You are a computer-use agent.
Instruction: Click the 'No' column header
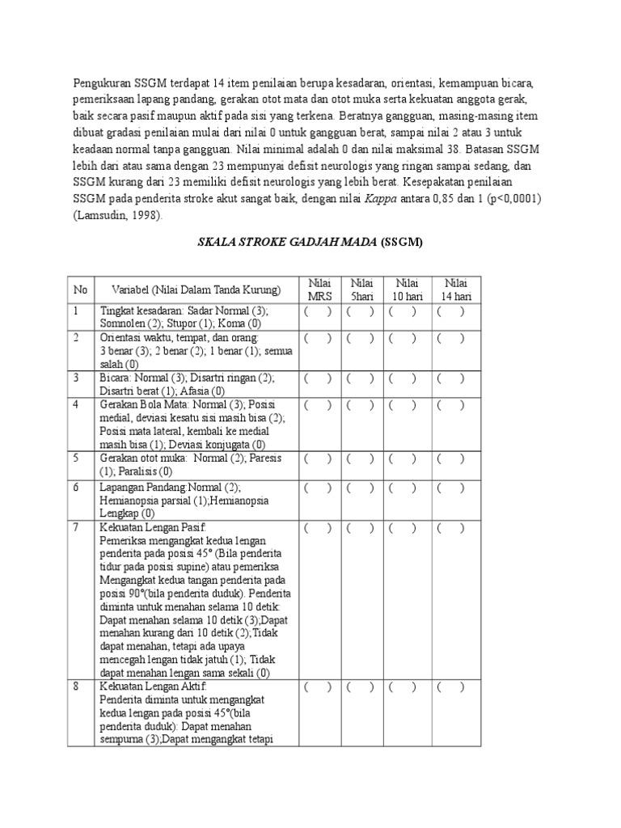tap(80, 289)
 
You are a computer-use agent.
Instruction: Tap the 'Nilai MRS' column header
tap(319, 289)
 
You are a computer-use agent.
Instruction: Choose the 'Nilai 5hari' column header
tap(361, 289)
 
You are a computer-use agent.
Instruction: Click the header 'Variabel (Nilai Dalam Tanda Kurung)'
tap(189, 289)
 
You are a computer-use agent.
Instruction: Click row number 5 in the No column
tap(77, 458)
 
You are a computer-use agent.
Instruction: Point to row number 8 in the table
tap(77, 686)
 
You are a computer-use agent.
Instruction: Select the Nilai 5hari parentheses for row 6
tap(361, 487)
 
